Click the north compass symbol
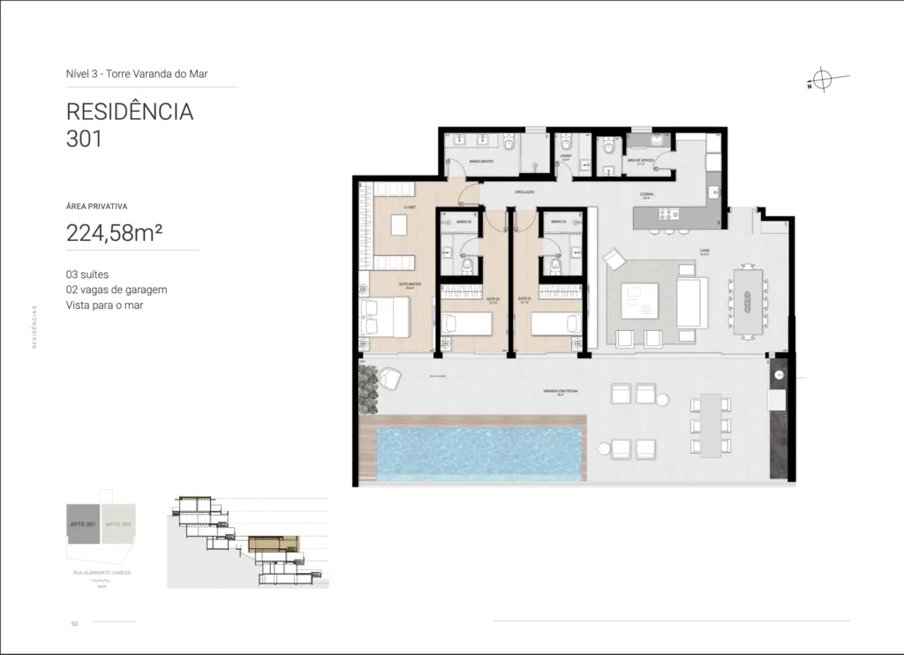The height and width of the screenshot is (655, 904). [821, 80]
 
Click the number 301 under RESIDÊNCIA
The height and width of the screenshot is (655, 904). [85, 139]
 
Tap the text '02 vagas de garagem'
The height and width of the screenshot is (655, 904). [117, 290]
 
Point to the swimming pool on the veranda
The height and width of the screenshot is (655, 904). [480, 455]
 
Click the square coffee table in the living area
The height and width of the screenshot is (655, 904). [639, 299]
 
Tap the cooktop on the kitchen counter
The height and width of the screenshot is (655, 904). [666, 215]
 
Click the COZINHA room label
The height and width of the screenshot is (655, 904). [647, 193]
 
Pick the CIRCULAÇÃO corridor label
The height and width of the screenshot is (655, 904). [525, 192]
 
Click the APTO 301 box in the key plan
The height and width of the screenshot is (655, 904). [84, 524]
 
